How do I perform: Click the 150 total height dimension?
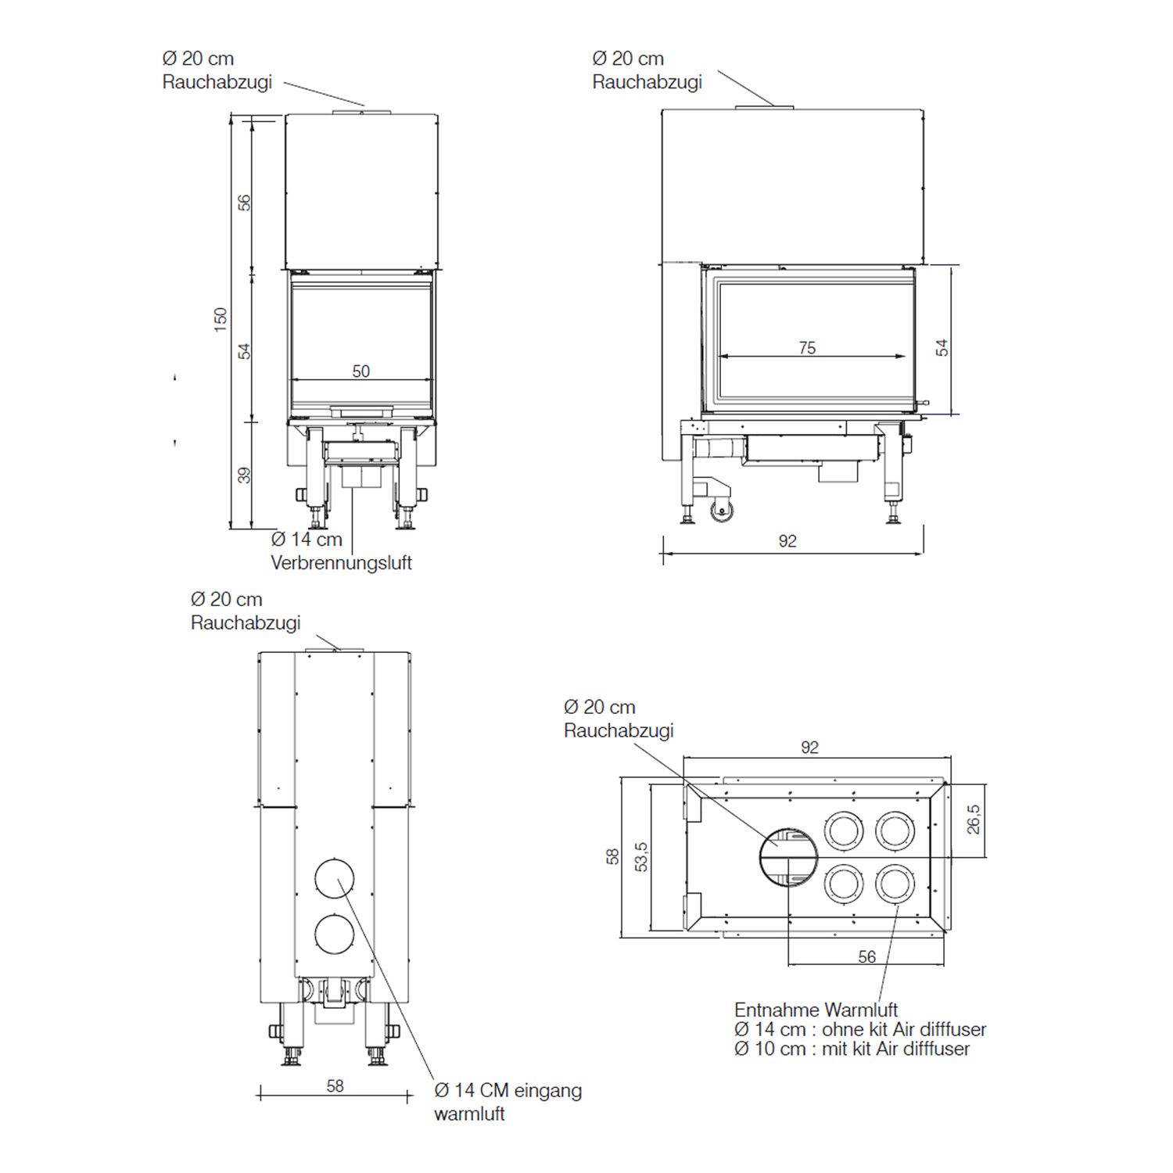(221, 319)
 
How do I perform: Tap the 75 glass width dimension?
(807, 348)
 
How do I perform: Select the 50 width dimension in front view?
(361, 371)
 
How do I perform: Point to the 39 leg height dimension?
(244, 475)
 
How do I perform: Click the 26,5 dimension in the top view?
(973, 820)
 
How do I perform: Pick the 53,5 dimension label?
(641, 856)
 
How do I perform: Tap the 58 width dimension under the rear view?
(335, 1086)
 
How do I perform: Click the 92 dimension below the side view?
(787, 541)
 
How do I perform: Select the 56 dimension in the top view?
(866, 956)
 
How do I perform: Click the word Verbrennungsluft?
(341, 563)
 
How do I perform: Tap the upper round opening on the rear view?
(335, 878)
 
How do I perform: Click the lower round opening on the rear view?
(335, 934)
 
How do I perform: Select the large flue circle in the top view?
(788, 857)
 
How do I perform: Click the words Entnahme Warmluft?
(816, 1010)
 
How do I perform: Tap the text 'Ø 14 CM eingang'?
(508, 1090)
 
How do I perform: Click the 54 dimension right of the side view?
(942, 348)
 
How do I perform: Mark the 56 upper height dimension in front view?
(244, 203)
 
